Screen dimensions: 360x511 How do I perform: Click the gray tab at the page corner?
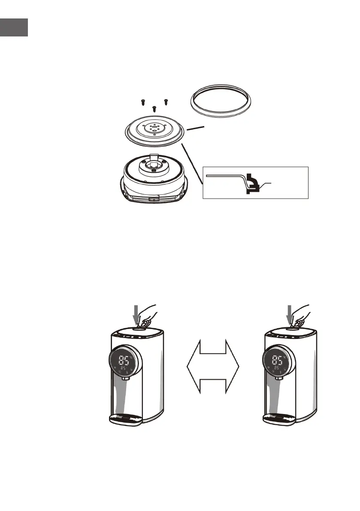14,27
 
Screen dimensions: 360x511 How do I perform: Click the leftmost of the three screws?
142,102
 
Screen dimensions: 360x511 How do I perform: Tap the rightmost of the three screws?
166,102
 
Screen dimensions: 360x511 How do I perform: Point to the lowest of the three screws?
154,108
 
